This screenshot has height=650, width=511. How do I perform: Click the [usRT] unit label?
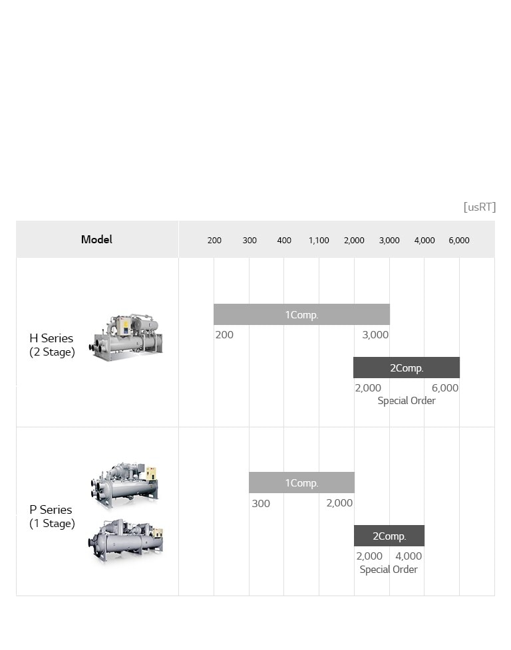[x=479, y=207]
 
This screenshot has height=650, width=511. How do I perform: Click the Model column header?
[x=96, y=239]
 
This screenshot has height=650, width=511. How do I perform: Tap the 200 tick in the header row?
[x=214, y=240]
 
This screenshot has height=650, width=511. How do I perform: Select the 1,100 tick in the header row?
[x=319, y=240]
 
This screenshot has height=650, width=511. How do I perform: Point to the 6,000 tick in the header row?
[x=459, y=240]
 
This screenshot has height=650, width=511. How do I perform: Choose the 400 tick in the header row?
[x=284, y=240]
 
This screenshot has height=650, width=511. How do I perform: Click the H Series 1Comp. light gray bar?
[x=301, y=314]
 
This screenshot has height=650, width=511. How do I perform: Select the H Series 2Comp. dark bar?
[x=406, y=368]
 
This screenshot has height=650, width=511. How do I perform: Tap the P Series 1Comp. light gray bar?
[x=301, y=483]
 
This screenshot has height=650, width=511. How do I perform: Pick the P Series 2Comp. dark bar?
[x=389, y=536]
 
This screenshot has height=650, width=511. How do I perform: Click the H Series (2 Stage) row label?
[x=52, y=345]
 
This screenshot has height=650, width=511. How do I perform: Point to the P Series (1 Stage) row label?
[x=52, y=516]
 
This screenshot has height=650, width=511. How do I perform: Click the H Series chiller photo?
[x=126, y=338]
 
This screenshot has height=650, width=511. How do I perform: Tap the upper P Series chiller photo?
[x=124, y=485]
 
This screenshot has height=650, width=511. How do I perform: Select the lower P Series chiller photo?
[x=126, y=540]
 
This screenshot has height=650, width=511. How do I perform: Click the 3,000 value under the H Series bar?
[x=375, y=334]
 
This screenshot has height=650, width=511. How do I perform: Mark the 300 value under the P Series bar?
[x=261, y=503]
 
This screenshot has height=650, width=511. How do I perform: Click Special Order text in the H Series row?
[x=407, y=401]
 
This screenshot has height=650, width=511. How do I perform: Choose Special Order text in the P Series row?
[x=389, y=570]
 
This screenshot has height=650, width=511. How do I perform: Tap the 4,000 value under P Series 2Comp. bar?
[x=409, y=556]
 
